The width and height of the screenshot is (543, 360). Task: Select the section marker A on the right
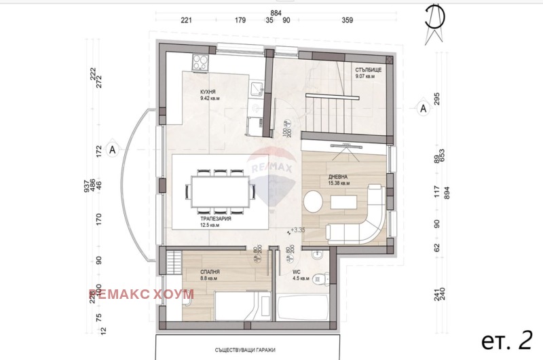(423, 107)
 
